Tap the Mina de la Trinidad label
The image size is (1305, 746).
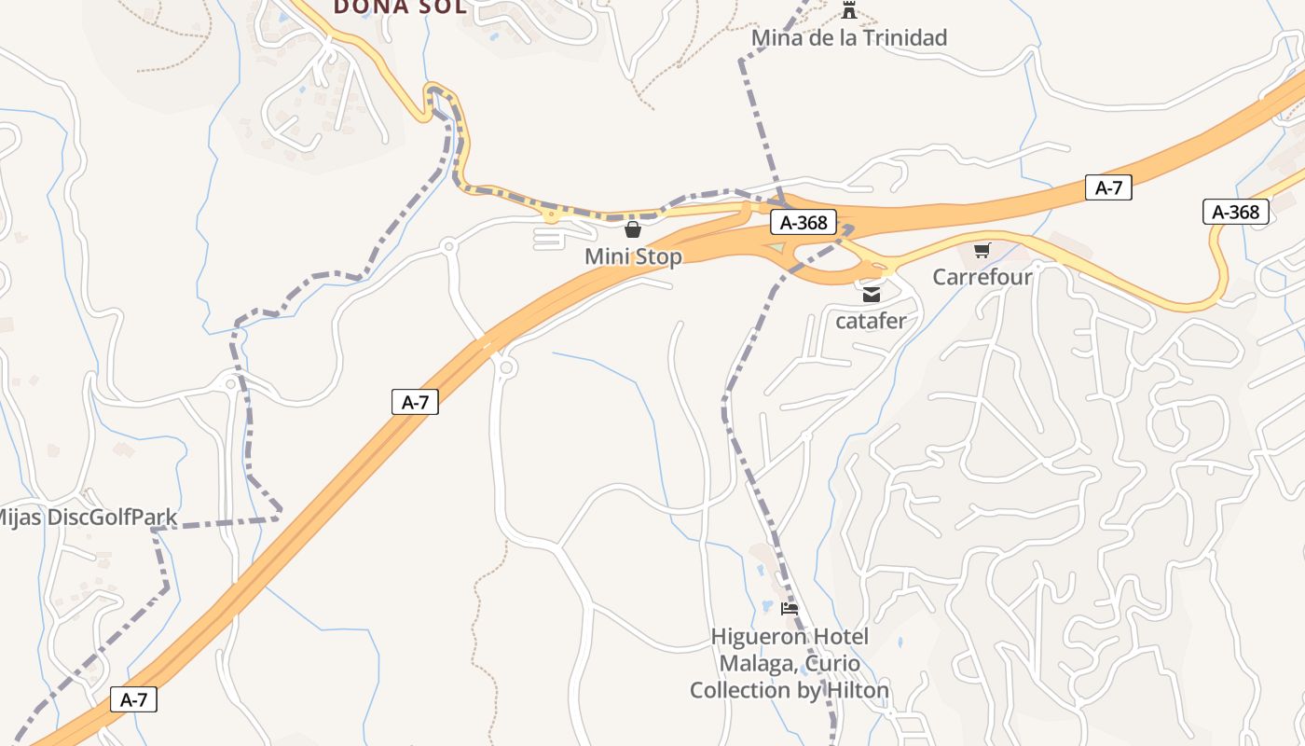[848, 38]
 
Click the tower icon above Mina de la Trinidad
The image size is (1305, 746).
[848, 11]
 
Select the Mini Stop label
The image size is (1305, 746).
[633, 256]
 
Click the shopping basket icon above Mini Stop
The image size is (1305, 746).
[633, 229]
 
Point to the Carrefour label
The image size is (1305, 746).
[982, 277]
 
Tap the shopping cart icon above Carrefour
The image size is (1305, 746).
[982, 251]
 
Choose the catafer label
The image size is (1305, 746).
[871, 321]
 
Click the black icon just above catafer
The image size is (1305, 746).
[871, 295]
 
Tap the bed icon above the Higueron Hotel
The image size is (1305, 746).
[790, 609]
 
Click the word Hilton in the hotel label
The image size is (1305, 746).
[850, 690]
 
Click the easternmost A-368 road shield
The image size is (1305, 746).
[1236, 212]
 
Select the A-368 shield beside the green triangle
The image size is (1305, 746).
[804, 223]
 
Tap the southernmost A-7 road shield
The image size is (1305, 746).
[133, 699]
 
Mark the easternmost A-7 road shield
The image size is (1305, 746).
[1108, 187]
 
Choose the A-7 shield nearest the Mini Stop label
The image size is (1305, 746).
[414, 402]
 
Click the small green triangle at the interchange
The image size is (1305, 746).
[776, 247]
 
